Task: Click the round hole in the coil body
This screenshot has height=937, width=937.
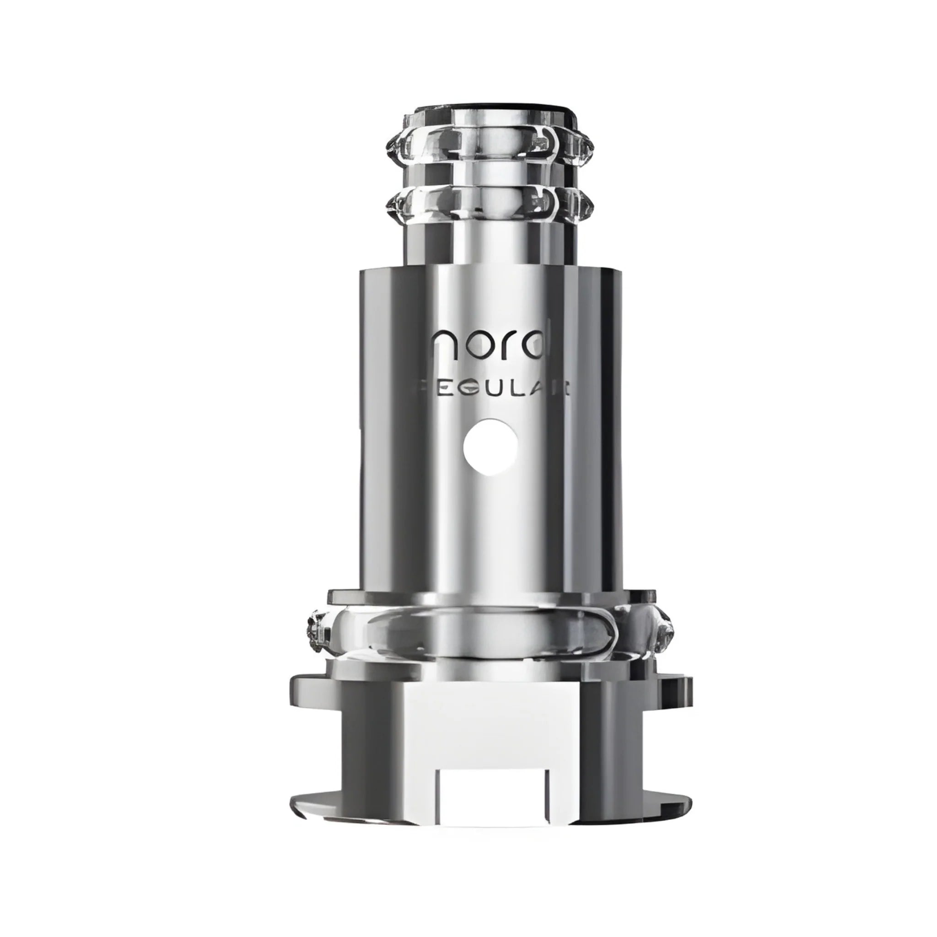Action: [490, 447]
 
